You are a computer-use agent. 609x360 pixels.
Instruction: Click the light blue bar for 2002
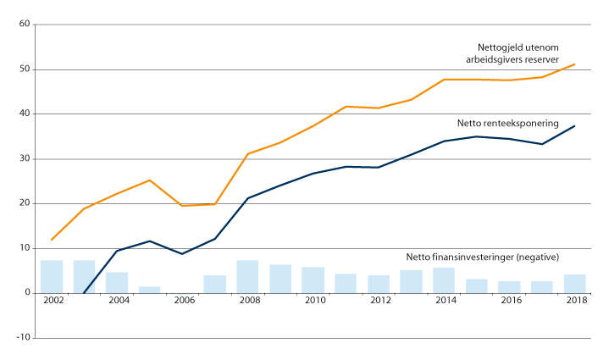[x=52, y=276]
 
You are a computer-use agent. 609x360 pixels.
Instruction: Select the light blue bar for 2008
[x=247, y=276]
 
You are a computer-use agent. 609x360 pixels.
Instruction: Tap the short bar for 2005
[x=149, y=290]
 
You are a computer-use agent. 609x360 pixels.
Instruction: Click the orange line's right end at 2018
[x=574, y=64]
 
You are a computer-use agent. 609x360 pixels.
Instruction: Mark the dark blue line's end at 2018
[x=574, y=126]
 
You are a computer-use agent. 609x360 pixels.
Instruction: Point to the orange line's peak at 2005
[x=149, y=180]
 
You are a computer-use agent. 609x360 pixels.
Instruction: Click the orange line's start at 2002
[x=52, y=240]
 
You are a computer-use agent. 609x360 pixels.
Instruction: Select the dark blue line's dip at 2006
[x=182, y=253]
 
